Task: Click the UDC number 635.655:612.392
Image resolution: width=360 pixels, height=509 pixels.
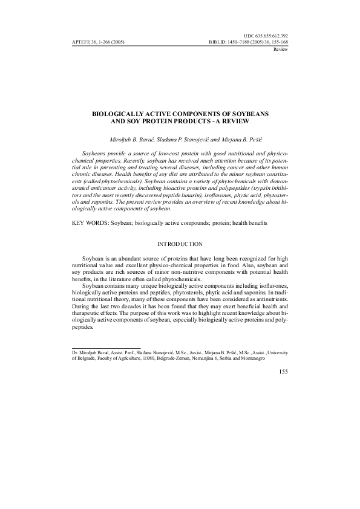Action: click(265, 36)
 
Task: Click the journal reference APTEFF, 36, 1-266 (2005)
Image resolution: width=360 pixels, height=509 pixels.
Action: click(97, 43)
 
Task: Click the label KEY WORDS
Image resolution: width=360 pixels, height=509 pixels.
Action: click(87, 206)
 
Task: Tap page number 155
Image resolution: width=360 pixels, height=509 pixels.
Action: click(281, 371)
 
